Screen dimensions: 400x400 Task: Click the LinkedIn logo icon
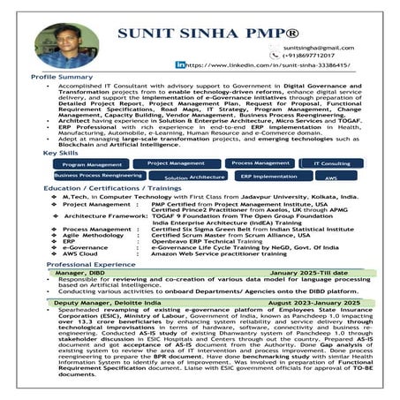coord(180,64)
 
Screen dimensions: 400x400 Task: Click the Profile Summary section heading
coord(62,77)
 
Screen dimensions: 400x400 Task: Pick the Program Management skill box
coord(93,164)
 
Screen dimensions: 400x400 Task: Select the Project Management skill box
coord(175,163)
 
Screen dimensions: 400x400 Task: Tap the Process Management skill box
coord(259,163)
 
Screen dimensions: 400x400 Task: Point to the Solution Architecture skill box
coord(194,177)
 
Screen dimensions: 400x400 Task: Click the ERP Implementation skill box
coord(268,176)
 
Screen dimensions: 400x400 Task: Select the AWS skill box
coord(331,177)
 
